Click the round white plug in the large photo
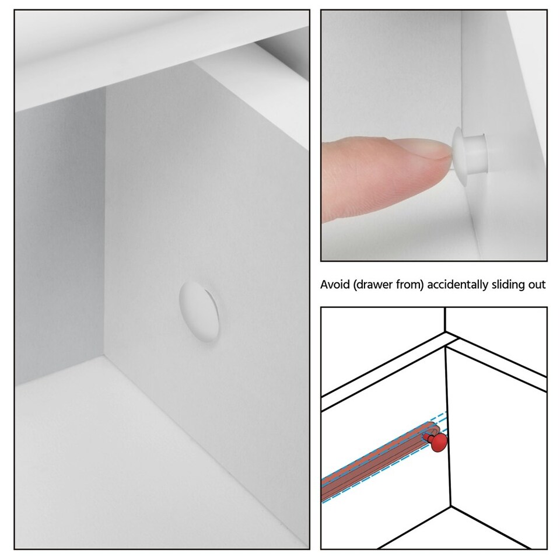tap(199, 309)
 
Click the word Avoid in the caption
tap(334, 285)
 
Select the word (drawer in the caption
tap(369, 285)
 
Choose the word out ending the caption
tap(537, 285)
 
